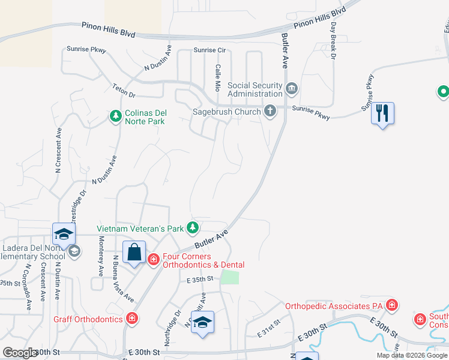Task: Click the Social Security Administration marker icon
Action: [292, 89]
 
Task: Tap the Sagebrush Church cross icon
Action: [270, 111]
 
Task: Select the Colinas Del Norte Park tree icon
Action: [115, 116]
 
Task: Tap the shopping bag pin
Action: [134, 253]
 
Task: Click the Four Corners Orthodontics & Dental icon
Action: [154, 259]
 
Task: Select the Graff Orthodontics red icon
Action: [132, 319]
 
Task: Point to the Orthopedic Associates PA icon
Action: [392, 305]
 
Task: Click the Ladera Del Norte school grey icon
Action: [74, 251]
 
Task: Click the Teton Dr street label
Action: [124, 91]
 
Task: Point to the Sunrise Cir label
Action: [209, 50]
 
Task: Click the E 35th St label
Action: [200, 280]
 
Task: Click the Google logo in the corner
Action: [20, 353]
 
